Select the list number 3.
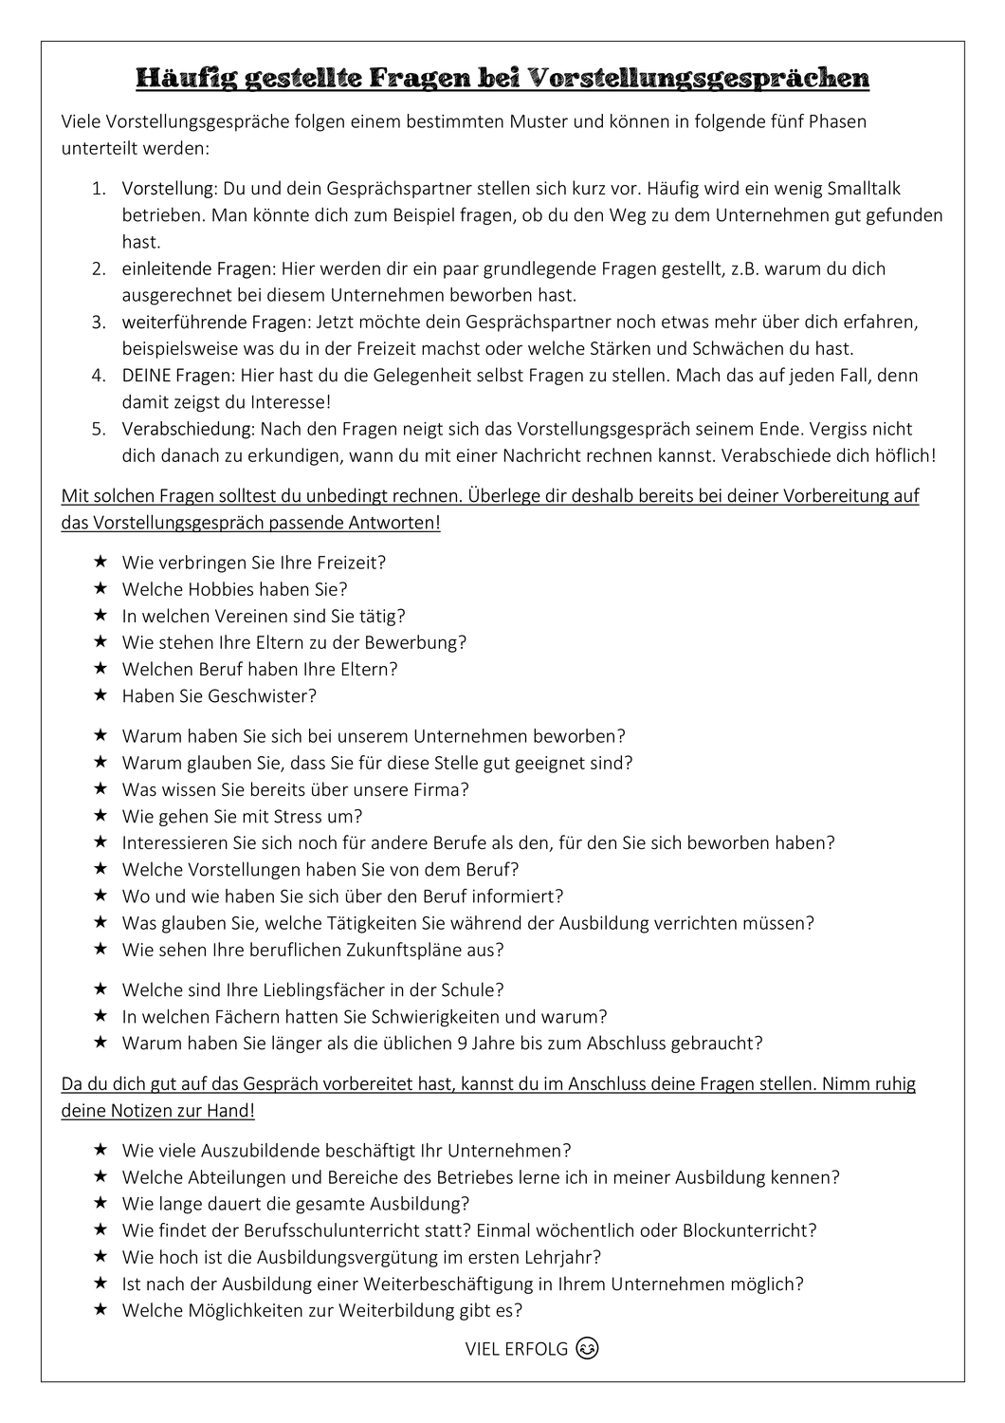pos(99,322)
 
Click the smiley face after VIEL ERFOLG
pos(588,1348)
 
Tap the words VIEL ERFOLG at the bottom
pos(517,1349)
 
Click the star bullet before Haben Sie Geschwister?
pos(100,695)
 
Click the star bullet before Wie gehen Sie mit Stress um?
pos(100,816)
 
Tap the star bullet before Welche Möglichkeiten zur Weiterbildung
pos(100,1310)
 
